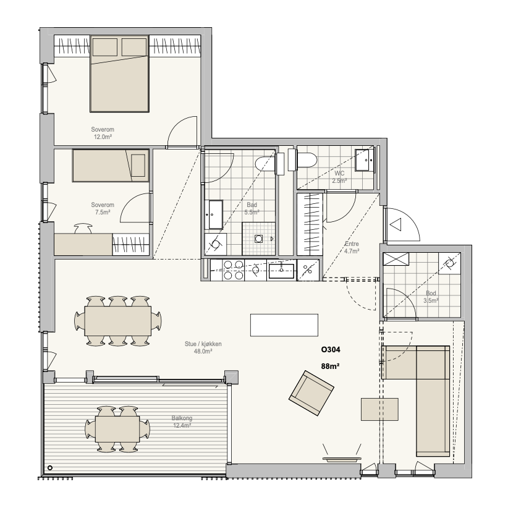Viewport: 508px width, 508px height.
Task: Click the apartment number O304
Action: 331,350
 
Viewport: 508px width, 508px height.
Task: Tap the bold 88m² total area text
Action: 330,366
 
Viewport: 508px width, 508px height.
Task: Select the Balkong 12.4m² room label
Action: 182,422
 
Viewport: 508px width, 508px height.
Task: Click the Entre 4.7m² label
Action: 352,247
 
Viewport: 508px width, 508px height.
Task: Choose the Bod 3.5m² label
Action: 431,297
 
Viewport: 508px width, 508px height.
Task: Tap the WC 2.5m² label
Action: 339,177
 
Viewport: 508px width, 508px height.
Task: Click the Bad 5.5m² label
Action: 252,208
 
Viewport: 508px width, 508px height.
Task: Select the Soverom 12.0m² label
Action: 103,133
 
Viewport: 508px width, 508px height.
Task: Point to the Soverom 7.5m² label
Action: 103,208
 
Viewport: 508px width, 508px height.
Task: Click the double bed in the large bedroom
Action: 119,74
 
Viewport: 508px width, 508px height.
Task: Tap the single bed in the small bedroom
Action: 111,165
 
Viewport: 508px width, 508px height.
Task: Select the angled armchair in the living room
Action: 311,393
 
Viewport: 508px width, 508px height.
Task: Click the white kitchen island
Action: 284,325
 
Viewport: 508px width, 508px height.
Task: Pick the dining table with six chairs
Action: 118,321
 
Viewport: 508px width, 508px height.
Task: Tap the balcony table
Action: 117,429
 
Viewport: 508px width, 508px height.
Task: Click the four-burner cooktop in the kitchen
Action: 234,269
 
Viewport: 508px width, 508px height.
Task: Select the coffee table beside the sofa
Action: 379,410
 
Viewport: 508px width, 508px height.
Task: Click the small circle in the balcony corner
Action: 50,467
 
